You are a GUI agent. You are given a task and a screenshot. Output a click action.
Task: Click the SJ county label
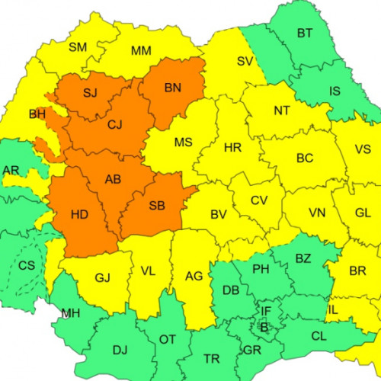coord(90,93)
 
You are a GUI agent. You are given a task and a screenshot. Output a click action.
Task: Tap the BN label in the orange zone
coord(172,88)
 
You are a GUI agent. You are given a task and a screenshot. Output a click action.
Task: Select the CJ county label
coord(115,123)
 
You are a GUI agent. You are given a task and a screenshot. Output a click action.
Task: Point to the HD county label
coord(79,215)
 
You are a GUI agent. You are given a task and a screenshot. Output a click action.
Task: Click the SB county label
coord(157,206)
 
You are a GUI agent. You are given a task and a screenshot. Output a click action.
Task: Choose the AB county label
coord(114,180)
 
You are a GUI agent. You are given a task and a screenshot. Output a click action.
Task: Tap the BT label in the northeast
coord(305,33)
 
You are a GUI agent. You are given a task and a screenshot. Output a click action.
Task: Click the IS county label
coord(335,91)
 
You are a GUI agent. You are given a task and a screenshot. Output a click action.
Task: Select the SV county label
coord(245,61)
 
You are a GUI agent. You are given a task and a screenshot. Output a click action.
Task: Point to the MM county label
coord(141,51)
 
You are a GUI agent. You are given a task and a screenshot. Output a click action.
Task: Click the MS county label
coord(183,142)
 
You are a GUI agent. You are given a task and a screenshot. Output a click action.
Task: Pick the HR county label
coord(233,148)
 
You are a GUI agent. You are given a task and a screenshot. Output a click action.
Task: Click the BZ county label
coord(303,258)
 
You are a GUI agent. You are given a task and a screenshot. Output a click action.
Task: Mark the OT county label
coord(167,340)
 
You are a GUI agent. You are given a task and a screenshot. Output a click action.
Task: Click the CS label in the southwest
coord(27,266)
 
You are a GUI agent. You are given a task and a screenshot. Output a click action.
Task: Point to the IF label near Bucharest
coord(266,311)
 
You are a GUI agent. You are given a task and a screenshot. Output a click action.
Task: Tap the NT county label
coord(282,110)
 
